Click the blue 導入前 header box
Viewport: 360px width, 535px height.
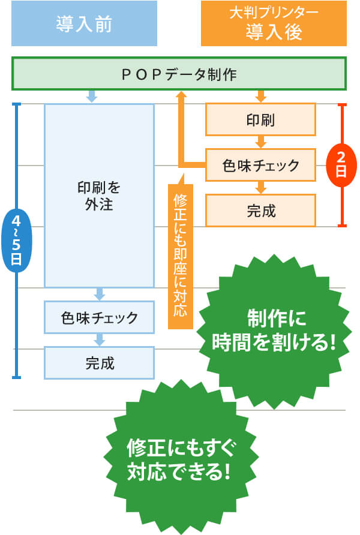pos(84,24)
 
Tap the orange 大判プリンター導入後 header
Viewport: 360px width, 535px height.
pos(273,24)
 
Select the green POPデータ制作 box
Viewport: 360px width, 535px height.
pos(179,73)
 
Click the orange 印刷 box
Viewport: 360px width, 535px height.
pos(260,119)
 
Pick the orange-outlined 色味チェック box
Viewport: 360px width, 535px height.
pos(260,165)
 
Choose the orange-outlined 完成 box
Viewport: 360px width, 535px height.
pos(260,211)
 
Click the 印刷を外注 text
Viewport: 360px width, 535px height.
pos(99,195)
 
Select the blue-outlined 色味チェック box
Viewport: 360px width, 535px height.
pos(99,317)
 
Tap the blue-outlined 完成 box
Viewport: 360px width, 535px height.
pos(99,363)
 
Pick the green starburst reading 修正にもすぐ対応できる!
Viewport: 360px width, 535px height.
pos(179,459)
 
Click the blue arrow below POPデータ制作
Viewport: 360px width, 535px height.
pos(92,95)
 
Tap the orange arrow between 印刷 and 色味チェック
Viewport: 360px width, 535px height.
pos(260,142)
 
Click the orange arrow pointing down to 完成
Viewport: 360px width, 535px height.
pos(260,188)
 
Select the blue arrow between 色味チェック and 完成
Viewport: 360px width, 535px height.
pos(100,340)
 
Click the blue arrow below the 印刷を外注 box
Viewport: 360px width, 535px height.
pos(100,294)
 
